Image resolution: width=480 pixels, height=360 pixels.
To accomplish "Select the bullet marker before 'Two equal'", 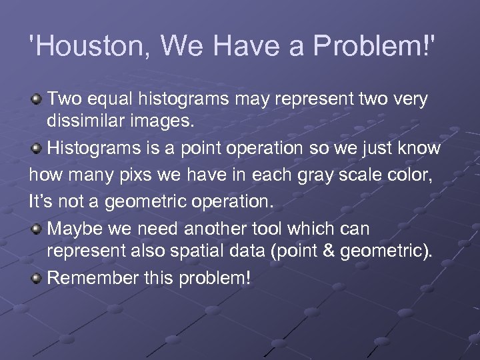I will click(x=37, y=100).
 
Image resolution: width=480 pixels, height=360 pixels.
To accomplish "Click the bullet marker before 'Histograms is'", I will click(x=37, y=147).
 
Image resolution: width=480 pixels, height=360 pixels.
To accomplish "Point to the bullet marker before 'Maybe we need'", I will click(x=37, y=229).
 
